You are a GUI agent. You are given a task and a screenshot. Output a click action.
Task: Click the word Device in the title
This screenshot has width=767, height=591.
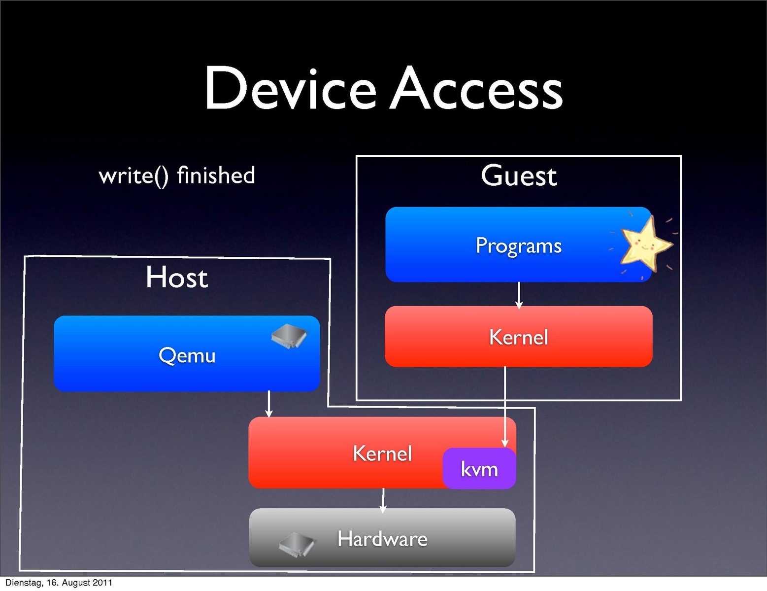pos(291,89)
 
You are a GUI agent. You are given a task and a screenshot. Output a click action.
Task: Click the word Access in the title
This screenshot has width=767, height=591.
pos(476,89)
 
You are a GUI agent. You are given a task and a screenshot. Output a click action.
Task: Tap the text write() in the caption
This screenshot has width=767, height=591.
pos(133,176)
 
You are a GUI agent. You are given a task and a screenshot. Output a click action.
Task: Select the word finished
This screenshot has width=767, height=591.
pos(216,175)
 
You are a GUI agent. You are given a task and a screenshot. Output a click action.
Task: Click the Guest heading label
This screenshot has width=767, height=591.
pos(519,176)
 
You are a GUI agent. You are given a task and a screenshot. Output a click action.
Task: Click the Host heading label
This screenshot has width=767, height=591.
pos(177,278)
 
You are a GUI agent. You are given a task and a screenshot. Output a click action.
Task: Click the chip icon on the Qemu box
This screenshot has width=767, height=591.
pos(289,337)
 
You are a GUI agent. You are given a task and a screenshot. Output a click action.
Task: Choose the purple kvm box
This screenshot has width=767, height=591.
pos(479,469)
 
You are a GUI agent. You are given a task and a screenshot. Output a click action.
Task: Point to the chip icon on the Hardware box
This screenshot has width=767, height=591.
pos(297,544)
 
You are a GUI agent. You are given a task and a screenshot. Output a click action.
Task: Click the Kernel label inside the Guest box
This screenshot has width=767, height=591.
pos(518,338)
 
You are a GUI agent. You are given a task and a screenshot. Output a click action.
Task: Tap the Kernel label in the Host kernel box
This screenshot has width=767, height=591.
pos(382,453)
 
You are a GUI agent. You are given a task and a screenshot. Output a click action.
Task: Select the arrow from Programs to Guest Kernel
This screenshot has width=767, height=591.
pos(519,295)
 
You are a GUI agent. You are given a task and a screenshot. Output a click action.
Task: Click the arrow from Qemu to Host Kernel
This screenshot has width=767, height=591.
pos(268,404)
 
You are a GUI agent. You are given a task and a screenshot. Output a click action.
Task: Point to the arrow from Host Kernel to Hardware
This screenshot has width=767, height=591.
pos(383,500)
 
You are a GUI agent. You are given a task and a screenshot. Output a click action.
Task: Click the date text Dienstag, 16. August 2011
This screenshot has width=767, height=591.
pos(59,583)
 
